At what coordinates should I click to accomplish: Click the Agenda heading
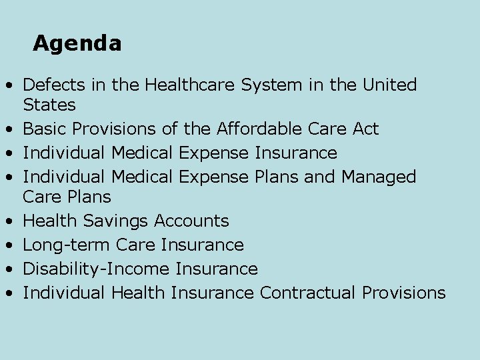tap(77, 43)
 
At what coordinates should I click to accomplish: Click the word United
tap(390, 85)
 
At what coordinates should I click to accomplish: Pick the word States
tap(49, 105)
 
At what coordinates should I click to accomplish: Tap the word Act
tap(365, 129)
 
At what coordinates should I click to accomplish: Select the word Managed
tap(378, 177)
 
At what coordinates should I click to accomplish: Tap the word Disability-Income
tap(97, 269)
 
